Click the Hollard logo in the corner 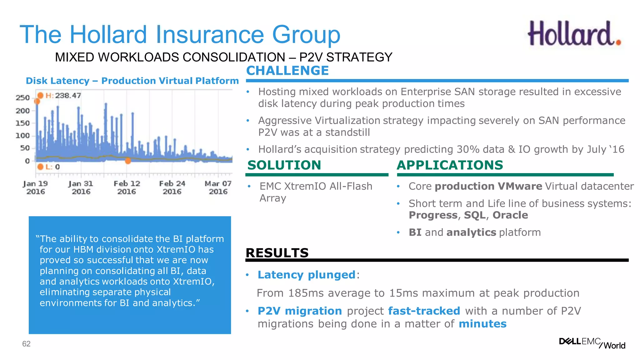574,34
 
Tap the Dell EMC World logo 592,343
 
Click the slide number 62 26,344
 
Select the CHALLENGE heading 287,71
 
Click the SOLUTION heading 284,165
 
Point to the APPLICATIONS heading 450,165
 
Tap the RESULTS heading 277,253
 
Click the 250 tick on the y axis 23,98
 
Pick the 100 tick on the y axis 23,136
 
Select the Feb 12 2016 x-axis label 127,187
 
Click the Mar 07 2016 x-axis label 218,187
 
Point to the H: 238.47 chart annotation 62,95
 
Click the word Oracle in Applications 510,215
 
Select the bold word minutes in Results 482,324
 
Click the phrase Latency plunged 306,275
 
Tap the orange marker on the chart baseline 128,161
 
